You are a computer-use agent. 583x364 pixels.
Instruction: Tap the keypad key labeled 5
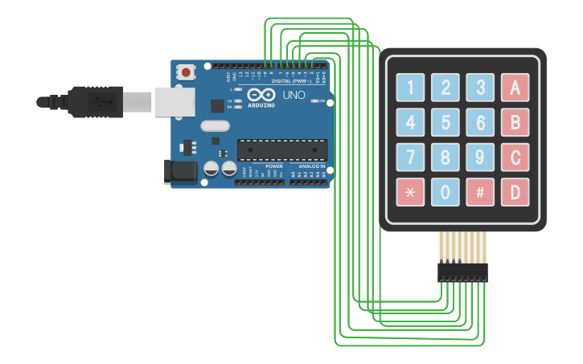pyautogui.click(x=445, y=123)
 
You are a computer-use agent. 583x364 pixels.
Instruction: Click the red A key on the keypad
pyautogui.click(x=515, y=87)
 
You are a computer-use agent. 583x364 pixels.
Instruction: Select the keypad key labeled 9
pyautogui.click(x=480, y=157)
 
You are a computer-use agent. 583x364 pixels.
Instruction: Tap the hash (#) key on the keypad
pyautogui.click(x=480, y=193)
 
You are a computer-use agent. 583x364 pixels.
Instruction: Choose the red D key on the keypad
pyautogui.click(x=515, y=193)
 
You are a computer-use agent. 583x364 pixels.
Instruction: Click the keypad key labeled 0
pyautogui.click(x=445, y=193)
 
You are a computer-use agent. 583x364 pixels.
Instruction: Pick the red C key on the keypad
pyautogui.click(x=515, y=157)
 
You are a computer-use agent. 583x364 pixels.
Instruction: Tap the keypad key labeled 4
pyautogui.click(x=410, y=123)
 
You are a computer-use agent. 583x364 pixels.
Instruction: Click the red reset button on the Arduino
pyautogui.click(x=187, y=72)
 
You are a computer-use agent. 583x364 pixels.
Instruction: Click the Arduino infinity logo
pyautogui.click(x=261, y=95)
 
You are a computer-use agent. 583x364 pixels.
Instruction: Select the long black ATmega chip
pyautogui.click(x=282, y=149)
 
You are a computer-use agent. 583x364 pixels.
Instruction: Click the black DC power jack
pyautogui.click(x=180, y=170)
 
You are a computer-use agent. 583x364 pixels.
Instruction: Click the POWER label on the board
pyautogui.click(x=273, y=166)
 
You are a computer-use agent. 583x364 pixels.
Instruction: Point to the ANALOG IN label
pyautogui.click(x=312, y=166)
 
